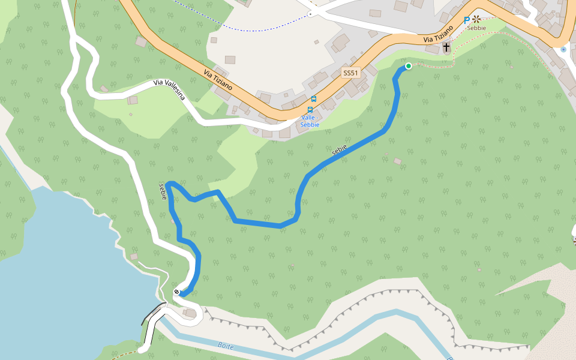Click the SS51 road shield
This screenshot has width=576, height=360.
click(350, 73)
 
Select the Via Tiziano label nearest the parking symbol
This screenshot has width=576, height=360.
click(439, 34)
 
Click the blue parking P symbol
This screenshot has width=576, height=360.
click(467, 20)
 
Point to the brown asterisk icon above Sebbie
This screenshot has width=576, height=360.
click(477, 19)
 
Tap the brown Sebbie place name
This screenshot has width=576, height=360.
click(476, 28)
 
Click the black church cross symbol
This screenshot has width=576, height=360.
click(446, 47)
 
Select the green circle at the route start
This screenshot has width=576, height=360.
click(409, 66)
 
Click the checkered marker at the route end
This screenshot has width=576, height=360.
click(177, 292)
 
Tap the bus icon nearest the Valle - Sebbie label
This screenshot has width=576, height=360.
click(310, 110)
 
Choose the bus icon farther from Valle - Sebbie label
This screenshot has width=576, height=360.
click(314, 99)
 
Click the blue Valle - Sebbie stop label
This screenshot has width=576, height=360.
click(310, 121)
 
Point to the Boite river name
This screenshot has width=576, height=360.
click(226, 347)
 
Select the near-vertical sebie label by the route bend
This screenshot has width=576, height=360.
click(163, 191)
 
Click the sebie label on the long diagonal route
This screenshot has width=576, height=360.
click(339, 151)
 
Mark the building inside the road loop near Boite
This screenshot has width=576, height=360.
click(190, 313)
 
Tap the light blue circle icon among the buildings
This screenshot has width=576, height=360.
click(563, 49)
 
